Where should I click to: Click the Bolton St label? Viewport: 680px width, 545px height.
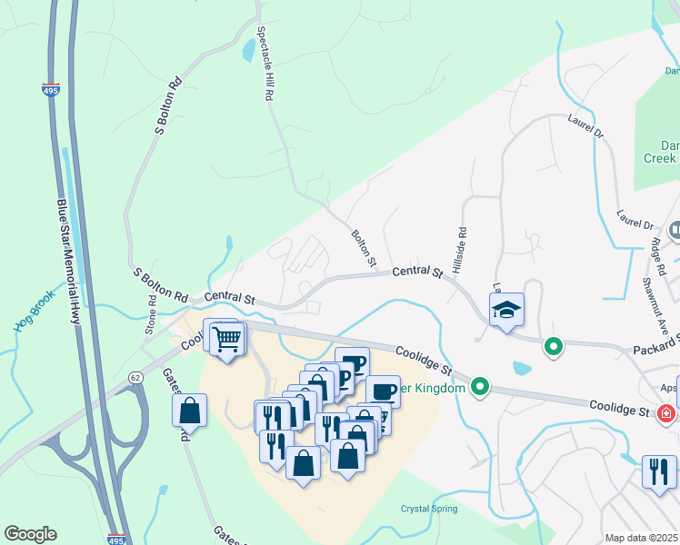point(364,248)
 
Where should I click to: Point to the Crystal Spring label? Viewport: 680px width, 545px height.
point(430,509)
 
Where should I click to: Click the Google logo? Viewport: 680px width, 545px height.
point(30,534)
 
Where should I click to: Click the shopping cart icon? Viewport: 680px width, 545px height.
point(227,341)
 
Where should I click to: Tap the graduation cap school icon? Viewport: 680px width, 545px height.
point(506,311)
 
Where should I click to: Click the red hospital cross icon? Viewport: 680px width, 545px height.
point(666,413)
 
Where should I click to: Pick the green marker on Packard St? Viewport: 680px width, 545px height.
point(552,346)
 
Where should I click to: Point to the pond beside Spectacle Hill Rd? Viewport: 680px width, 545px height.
point(248,52)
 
